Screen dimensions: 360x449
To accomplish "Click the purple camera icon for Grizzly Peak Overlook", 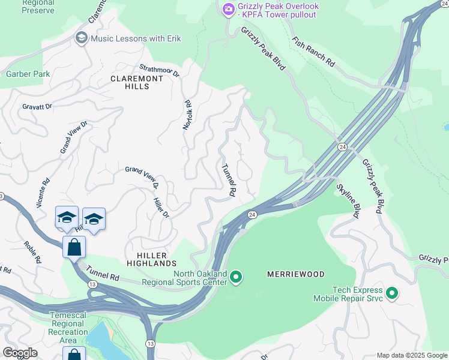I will [x=228, y=9].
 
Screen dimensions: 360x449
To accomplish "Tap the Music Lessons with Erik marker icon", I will [x=81, y=38].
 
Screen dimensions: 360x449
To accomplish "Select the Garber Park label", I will [x=28, y=74].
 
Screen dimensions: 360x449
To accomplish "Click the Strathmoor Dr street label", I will [x=160, y=72].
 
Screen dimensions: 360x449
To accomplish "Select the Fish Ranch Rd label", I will [x=313, y=51].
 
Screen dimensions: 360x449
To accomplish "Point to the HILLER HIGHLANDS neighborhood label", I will [x=152, y=258].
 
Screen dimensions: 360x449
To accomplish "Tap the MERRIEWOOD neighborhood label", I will [x=295, y=274].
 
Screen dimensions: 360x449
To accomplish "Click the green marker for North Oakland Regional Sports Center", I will [x=236, y=277].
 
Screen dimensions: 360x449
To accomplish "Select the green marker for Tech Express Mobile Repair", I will [x=392, y=293].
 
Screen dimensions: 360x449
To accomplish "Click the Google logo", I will [x=20, y=353].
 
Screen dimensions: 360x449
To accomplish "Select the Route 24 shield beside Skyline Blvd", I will [x=341, y=146].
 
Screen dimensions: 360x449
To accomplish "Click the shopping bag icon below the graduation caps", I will [x=74, y=247].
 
